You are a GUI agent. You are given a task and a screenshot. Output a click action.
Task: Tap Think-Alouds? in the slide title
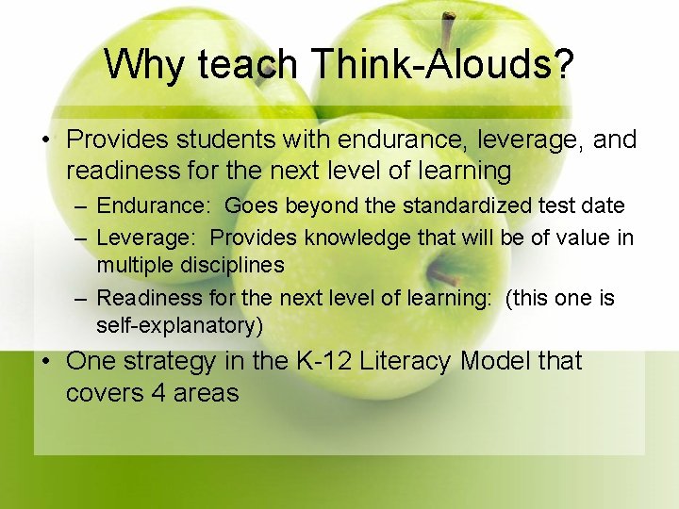[441, 65]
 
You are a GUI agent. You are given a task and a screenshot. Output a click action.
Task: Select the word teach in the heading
[246, 65]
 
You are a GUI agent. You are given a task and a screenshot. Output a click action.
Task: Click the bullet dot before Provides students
[44, 140]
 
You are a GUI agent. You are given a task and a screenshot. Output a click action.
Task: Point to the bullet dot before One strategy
[44, 362]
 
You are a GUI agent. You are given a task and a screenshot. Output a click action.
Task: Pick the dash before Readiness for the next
[81, 299]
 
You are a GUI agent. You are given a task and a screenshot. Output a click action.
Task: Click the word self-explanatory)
[180, 326]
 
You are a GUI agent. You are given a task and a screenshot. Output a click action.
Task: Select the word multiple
[129, 265]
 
